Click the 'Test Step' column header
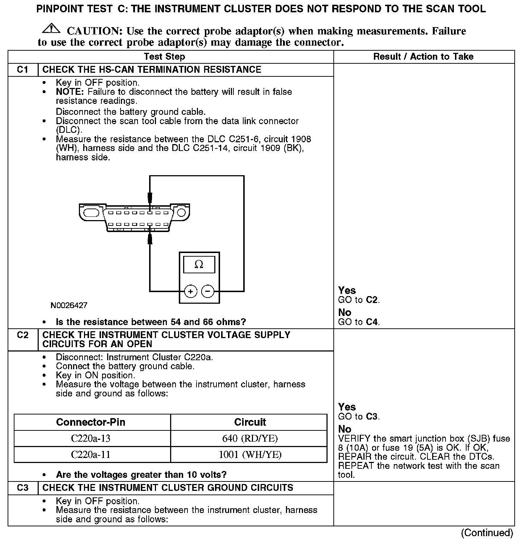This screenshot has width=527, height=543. [x=164, y=57]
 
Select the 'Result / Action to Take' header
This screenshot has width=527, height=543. [x=423, y=57]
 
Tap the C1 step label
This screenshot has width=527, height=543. [x=22, y=70]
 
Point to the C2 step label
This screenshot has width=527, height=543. [x=22, y=335]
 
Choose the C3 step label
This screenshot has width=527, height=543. [x=22, y=488]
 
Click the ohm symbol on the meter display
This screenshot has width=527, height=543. [x=199, y=265]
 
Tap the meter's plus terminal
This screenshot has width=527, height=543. [x=190, y=291]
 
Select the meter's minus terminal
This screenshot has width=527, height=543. [x=207, y=291]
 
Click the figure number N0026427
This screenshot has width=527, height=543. [x=69, y=306]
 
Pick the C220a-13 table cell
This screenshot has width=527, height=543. [x=90, y=439]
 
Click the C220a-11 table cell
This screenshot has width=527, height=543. [x=90, y=455]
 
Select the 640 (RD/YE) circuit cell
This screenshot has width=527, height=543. [x=250, y=439]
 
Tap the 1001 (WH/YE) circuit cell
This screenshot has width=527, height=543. [x=250, y=455]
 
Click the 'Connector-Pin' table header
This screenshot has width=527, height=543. [x=90, y=422]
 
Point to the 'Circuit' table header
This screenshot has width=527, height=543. [x=250, y=422]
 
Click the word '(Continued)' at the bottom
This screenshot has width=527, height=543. [x=487, y=533]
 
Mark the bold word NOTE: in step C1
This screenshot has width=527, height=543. [x=70, y=92]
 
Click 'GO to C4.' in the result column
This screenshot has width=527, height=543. [x=359, y=322]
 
